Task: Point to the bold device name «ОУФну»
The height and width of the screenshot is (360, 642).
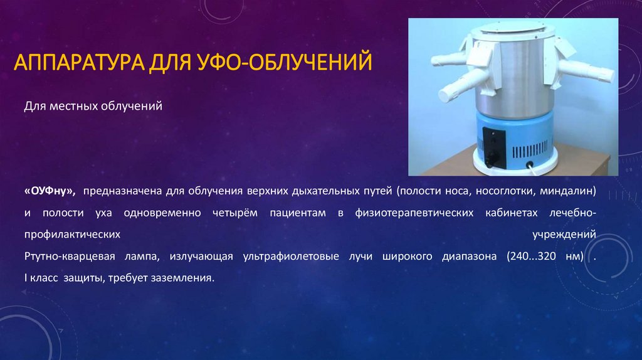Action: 50,190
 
